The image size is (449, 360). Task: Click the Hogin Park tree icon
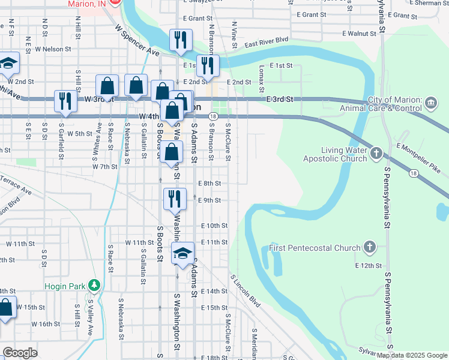(93, 284)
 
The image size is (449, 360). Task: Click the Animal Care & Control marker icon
(431, 104)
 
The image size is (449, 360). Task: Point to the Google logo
(20, 352)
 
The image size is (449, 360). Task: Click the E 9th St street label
(209, 200)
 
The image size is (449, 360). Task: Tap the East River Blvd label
(267, 43)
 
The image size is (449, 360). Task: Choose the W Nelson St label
(53, 49)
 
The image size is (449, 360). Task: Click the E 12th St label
(369, 265)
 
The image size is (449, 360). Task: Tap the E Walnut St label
(359, 34)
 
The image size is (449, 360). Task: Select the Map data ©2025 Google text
(412, 355)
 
